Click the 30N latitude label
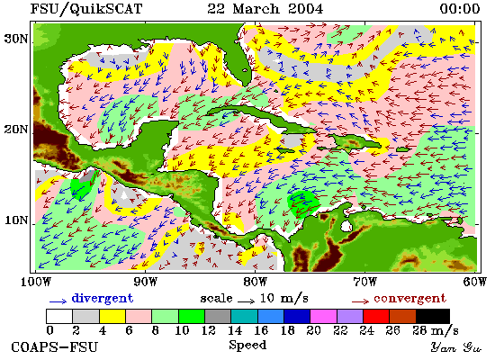pos(15,39)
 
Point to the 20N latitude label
pos(15,130)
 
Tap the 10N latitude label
pos(15,220)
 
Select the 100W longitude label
pos(36,282)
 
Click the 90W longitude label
pos(145,282)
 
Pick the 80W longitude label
pos(255,282)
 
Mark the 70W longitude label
pos(364,282)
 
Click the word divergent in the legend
pos(103,299)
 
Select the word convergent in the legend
pos(409,299)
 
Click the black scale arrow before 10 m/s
pos(247,301)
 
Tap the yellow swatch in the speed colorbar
pos(112,316)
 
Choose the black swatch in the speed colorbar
pos(433,316)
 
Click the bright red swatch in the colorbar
pos(376,316)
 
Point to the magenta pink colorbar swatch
pos(323,316)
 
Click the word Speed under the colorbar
pos(247,345)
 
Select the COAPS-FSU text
pos(54,347)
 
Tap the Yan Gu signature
pos(455,347)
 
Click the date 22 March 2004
pos(265,8)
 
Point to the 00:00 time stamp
pos(460,8)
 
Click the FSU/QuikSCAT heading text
pos(86,9)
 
